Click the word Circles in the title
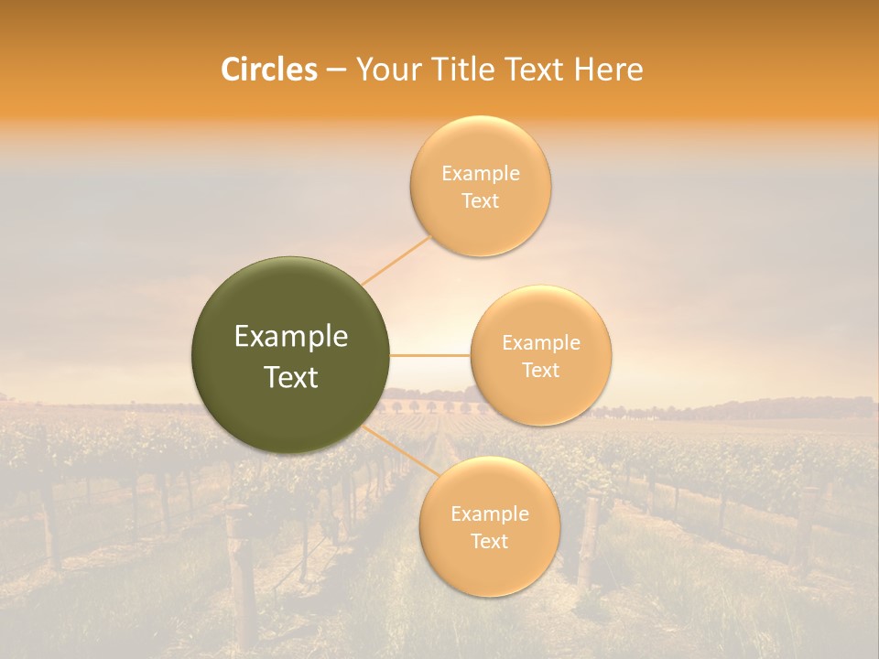[269, 70]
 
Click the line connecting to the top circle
[396, 261]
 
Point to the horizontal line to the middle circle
[430, 355]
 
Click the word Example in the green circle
[291, 337]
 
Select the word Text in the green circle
[291, 377]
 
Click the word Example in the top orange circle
[481, 174]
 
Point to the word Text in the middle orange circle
[541, 370]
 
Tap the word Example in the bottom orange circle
[490, 513]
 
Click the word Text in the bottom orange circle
[490, 541]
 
